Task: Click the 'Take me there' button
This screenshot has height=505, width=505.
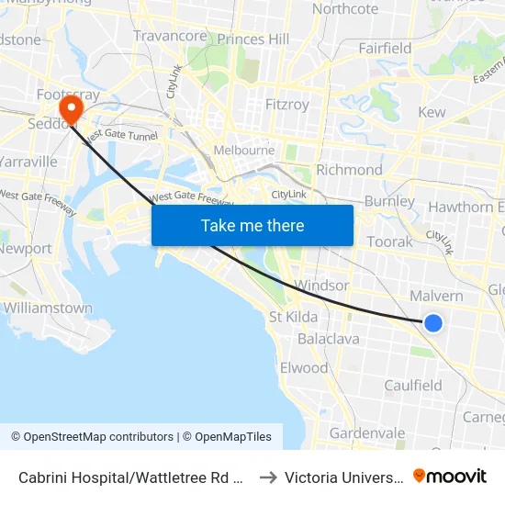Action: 252,225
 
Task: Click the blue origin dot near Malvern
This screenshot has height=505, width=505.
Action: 433,322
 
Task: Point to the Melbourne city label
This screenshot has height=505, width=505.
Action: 243,151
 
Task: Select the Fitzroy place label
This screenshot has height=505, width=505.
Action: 286,105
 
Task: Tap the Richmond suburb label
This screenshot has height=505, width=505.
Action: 349,170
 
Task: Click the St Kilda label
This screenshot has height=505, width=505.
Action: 293,317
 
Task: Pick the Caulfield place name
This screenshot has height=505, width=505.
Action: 413,386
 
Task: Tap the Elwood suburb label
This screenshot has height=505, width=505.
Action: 303,368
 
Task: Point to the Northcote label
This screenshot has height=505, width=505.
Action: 345,9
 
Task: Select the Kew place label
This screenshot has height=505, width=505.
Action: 432,112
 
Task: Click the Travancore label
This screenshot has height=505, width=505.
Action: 170,36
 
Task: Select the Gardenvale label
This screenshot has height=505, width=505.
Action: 366,432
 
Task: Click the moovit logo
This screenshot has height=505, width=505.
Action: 450,476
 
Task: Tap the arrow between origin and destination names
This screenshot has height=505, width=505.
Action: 268,477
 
